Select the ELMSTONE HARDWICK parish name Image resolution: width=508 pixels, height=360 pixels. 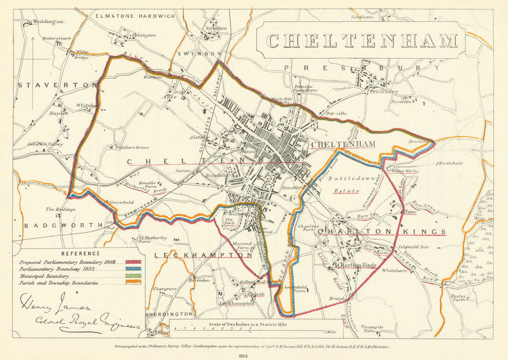pos(135,16)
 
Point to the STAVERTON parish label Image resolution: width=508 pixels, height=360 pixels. pos(57,85)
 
